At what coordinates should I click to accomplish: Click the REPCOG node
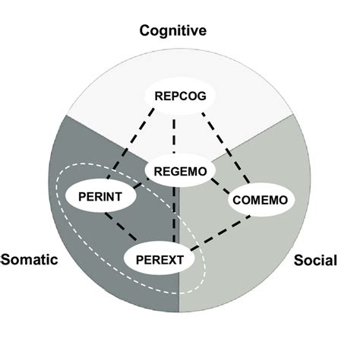pyautogui.click(x=180, y=96)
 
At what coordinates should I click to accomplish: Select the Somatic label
pyautogui.click(x=30, y=259)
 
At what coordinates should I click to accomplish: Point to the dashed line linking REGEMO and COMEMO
pyautogui.click(x=220, y=186)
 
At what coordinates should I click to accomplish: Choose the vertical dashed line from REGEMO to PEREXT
pyautogui.click(x=176, y=217)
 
